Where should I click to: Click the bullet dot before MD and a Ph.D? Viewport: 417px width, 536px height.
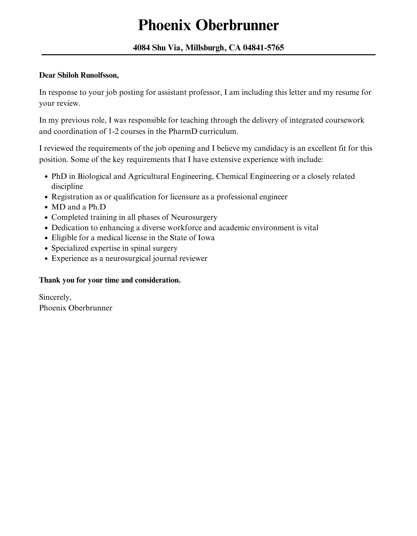tap(46, 207)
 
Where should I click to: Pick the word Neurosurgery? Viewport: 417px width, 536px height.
tap(194, 217)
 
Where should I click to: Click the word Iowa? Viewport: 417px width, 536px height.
tap(206, 238)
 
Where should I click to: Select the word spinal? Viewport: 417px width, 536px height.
tap(141, 248)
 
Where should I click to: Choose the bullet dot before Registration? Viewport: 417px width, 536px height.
tap(46, 197)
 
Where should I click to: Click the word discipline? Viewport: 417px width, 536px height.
tap(67, 186)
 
